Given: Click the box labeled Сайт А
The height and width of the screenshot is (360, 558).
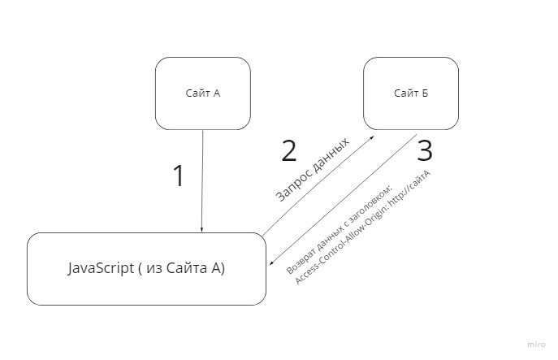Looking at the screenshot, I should pos(202,93).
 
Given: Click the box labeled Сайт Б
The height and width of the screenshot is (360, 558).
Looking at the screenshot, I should pos(411,93).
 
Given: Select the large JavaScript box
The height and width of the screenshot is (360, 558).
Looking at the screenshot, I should pos(146,268).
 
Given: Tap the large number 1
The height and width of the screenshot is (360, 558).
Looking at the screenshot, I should pos(179,176).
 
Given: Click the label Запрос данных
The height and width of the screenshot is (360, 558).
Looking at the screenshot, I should pos(313,169).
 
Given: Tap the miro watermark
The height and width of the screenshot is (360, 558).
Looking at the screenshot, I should pos(538,345).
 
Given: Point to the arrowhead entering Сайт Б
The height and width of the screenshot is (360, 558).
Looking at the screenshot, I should pos(371,138).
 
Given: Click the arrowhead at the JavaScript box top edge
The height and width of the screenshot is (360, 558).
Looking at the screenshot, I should pos(201,230).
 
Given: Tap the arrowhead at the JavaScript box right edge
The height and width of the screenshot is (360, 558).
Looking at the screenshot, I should pos(270,265).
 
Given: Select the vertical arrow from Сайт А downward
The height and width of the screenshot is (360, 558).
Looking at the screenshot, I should pos(202,179).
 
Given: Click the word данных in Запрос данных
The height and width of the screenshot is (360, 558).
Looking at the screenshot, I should pos(329,156).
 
